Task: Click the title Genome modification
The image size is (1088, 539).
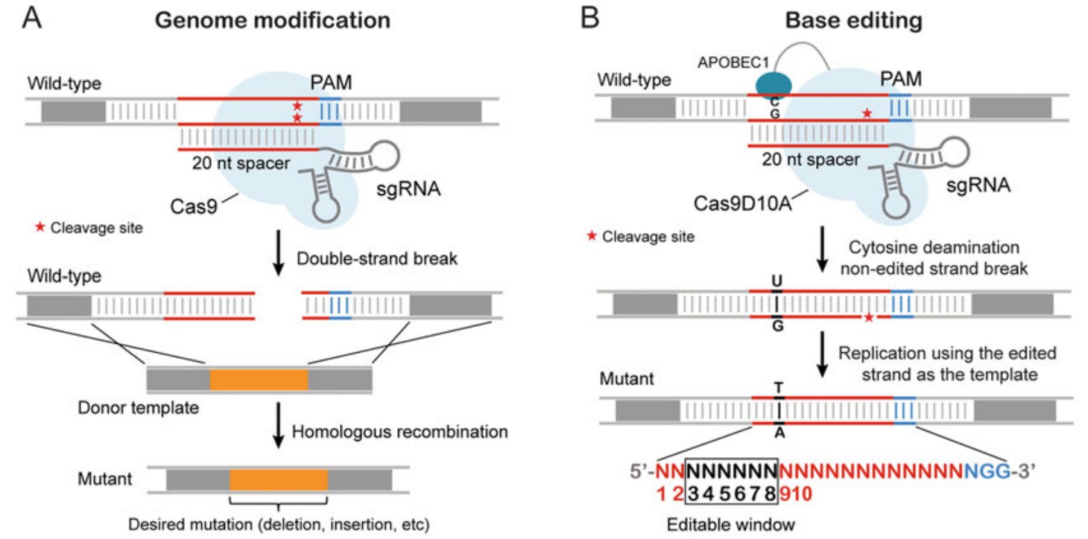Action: coord(272,20)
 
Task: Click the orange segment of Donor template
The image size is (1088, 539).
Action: coord(259,379)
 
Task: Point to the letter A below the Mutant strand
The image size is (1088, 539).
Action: coord(779,432)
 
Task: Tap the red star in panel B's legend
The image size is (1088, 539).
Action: coord(592,237)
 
